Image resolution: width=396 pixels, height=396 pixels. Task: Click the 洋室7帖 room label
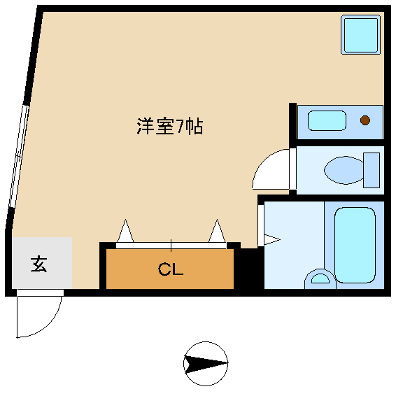click(x=170, y=126)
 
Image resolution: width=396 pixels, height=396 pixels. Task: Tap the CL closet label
click(x=171, y=269)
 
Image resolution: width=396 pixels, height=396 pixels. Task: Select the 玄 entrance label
click(x=39, y=264)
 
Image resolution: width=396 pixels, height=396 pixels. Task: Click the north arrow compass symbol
click(x=206, y=364)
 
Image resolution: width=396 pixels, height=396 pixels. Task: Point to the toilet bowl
click(x=344, y=170)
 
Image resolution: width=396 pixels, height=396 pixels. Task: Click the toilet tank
click(x=372, y=170)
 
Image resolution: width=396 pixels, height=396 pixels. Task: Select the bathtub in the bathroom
click(x=355, y=245)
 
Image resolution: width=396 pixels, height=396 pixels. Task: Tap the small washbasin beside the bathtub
click(x=320, y=279)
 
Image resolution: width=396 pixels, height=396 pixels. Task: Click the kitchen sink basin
click(x=327, y=121)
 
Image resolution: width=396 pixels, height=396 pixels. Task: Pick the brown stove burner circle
click(x=365, y=120)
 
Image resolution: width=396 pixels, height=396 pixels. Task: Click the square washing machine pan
click(x=360, y=34)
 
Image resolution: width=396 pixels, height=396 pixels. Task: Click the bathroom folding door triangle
click(x=272, y=239)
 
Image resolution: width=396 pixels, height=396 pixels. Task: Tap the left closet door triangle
click(x=125, y=231)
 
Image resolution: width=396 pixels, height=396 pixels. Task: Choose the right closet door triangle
click(x=217, y=231)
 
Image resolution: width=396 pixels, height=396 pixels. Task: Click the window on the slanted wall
click(x=19, y=156)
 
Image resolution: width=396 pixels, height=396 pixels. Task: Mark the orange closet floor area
click(x=170, y=269)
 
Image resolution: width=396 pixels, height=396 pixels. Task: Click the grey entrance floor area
click(x=42, y=262)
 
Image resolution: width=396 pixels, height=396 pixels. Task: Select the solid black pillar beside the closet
click(x=249, y=269)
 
